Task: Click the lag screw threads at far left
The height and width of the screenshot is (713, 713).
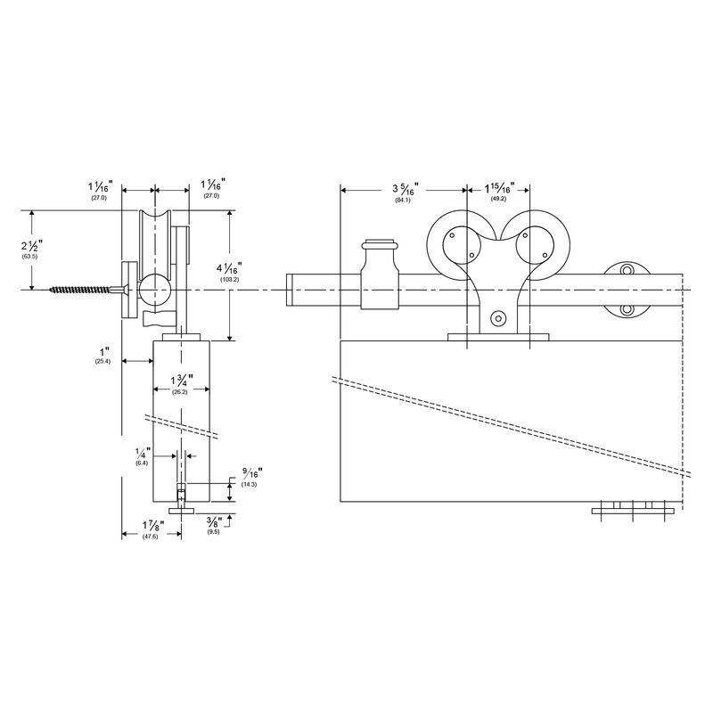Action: click(80, 290)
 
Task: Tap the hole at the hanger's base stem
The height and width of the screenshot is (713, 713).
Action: click(498, 317)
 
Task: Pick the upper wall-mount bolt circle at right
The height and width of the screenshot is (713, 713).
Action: click(627, 271)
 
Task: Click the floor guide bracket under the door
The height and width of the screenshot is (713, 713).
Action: click(632, 509)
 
